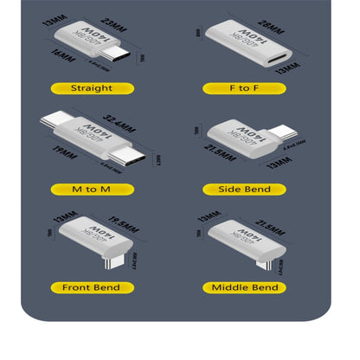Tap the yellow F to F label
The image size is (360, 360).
click(x=243, y=87)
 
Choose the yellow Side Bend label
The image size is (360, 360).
click(x=243, y=189)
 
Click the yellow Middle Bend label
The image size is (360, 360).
click(x=243, y=286)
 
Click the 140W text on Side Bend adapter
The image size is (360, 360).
click(x=235, y=135)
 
